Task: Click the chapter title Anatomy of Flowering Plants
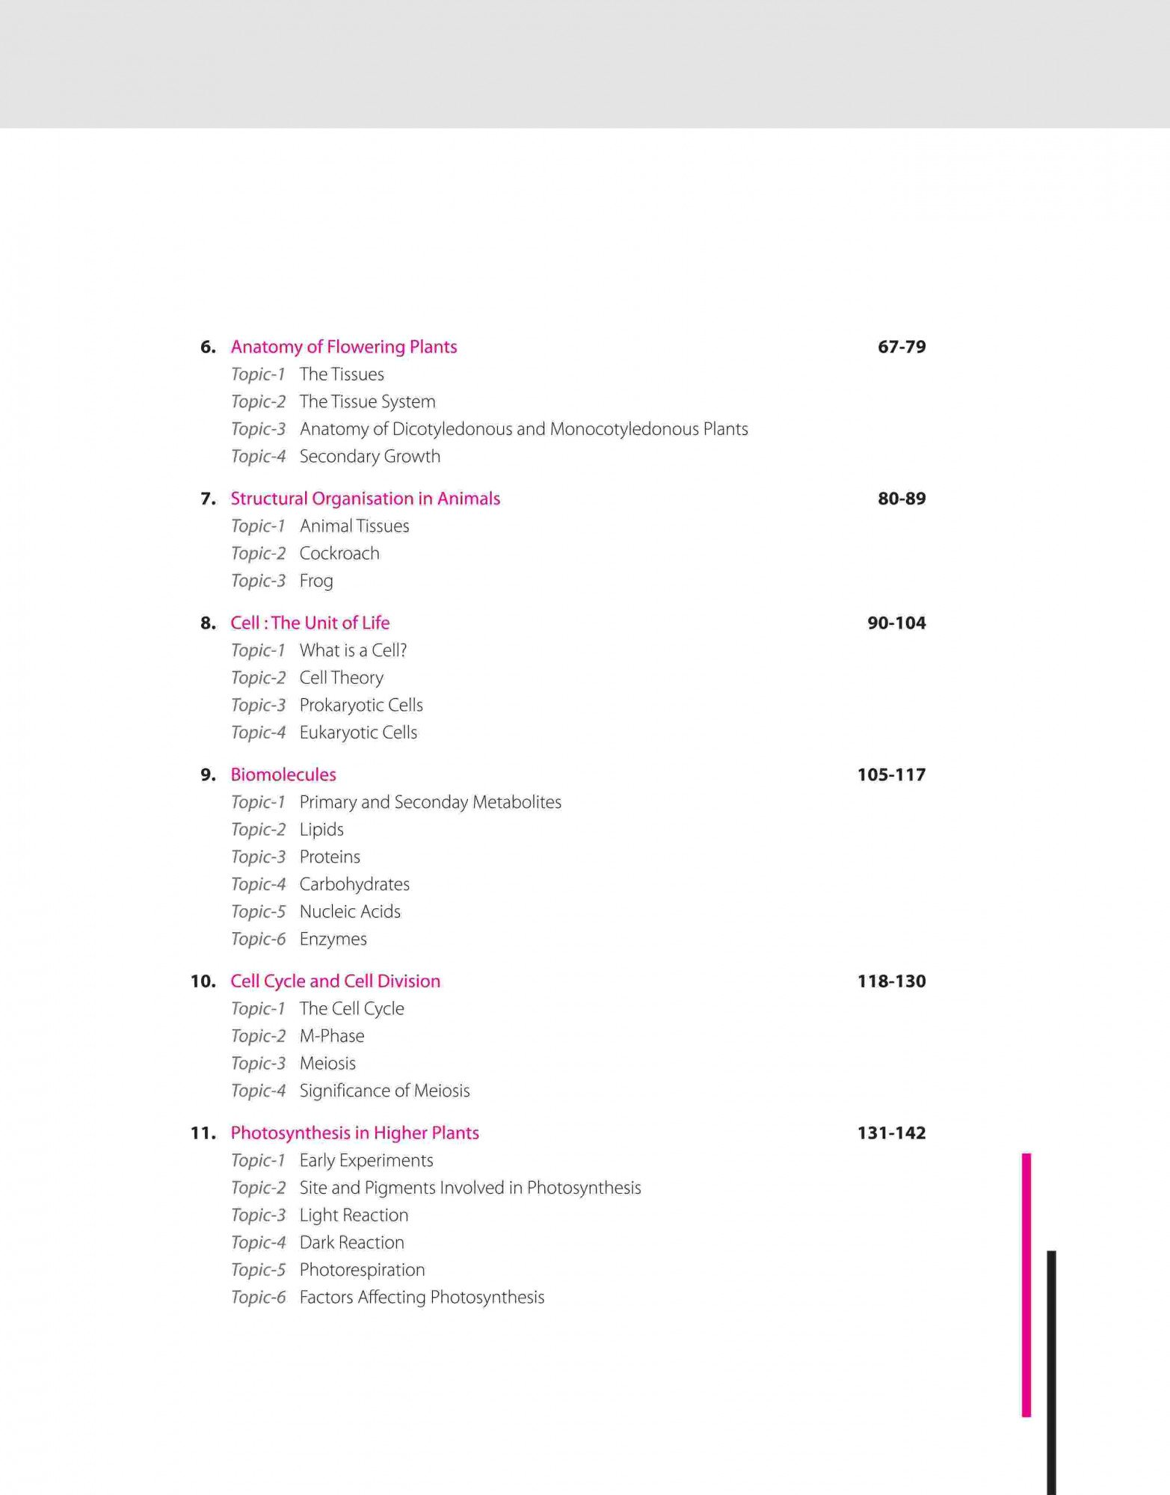click(343, 347)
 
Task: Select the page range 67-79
click(901, 347)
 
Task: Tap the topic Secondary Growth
click(369, 457)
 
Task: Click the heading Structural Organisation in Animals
click(365, 499)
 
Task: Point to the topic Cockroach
click(339, 554)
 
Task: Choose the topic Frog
click(316, 581)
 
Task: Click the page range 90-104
click(896, 623)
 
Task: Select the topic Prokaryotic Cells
click(361, 706)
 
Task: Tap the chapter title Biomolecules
click(283, 775)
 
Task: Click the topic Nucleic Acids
click(350, 912)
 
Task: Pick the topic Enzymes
click(333, 940)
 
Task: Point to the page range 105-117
click(891, 775)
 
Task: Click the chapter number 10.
click(203, 981)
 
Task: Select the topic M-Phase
click(332, 1036)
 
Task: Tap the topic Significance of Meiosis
click(384, 1091)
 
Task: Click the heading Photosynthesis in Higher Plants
click(354, 1133)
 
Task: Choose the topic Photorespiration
click(362, 1270)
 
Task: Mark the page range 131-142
click(891, 1133)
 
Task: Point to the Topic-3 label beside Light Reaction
click(258, 1215)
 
